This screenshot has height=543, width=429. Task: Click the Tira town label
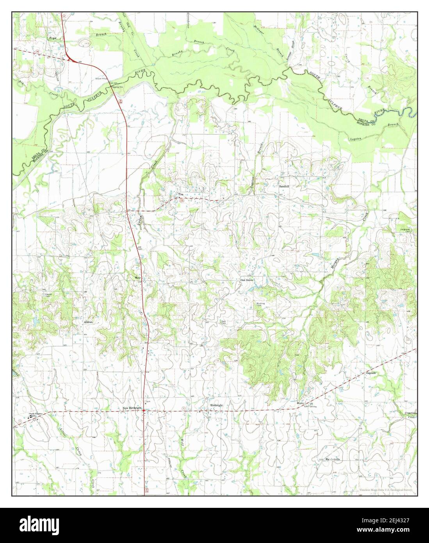[x=181, y=194]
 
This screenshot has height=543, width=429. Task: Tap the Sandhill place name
[x=284, y=187]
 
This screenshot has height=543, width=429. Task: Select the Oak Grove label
[x=247, y=280]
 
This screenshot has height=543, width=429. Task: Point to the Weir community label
[x=137, y=277]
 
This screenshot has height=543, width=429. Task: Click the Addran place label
[x=88, y=322]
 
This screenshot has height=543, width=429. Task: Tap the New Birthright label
[x=131, y=409]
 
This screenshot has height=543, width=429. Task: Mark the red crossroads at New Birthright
[x=144, y=411]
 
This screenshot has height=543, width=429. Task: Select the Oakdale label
[x=371, y=373]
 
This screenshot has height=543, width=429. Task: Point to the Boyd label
[x=52, y=38]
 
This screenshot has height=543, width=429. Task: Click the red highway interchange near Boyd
[x=71, y=59]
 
